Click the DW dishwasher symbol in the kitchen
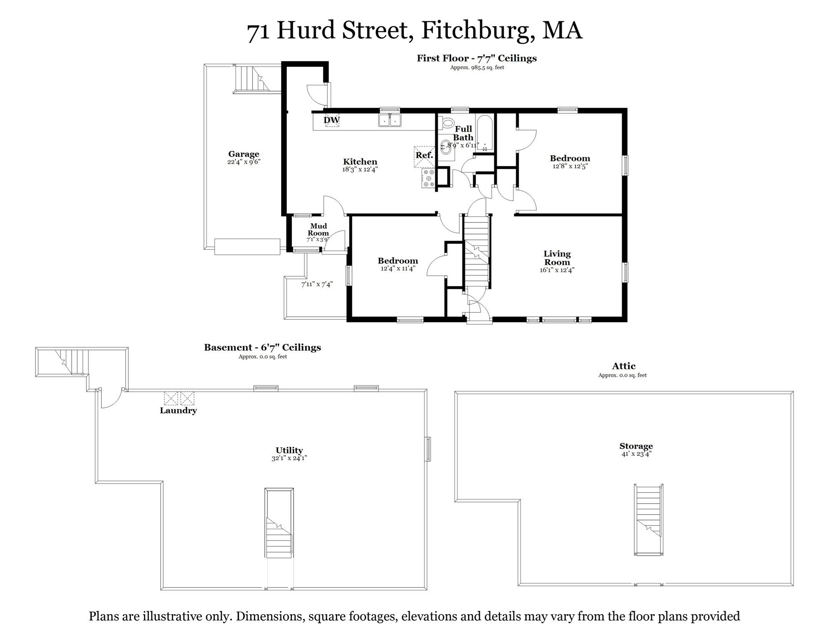pyautogui.click(x=332, y=120)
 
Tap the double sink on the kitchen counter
pyautogui.click(x=389, y=120)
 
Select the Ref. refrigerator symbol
pyautogui.click(x=424, y=156)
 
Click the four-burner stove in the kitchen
pyautogui.click(x=428, y=178)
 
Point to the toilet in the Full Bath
pyautogui.click(x=448, y=123)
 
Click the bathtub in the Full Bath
pyautogui.click(x=485, y=132)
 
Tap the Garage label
pyautogui.click(x=244, y=154)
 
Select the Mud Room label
pyautogui.click(x=318, y=230)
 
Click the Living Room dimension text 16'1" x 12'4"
pyautogui.click(x=557, y=270)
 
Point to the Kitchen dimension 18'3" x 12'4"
pyautogui.click(x=360, y=170)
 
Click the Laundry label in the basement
pyautogui.click(x=178, y=411)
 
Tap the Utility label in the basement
pyautogui.click(x=289, y=450)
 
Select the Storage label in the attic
pyautogui.click(x=636, y=446)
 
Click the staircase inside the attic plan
pyautogui.click(x=648, y=519)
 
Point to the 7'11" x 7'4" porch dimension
pyautogui.click(x=317, y=285)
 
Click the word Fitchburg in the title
pyautogui.click(x=478, y=30)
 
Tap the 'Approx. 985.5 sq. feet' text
pyautogui.click(x=477, y=67)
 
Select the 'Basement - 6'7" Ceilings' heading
pyautogui.click(x=262, y=347)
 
